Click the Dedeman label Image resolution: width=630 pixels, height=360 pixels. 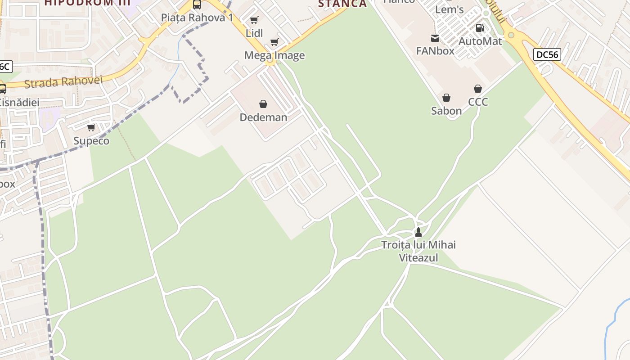(x=263, y=117)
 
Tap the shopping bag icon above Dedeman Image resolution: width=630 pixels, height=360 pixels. (x=263, y=104)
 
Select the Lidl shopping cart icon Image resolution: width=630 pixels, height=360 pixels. (x=254, y=20)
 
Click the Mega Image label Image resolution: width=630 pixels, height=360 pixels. (x=274, y=55)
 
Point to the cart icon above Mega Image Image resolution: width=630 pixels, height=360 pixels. (x=274, y=42)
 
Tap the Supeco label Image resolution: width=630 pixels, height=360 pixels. (x=91, y=141)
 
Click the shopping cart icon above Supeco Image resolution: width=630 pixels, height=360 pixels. (x=91, y=128)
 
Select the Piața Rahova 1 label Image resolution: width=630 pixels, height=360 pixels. (x=197, y=18)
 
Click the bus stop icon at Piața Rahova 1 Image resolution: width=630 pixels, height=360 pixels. (x=197, y=4)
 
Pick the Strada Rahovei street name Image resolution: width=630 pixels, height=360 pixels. (x=63, y=82)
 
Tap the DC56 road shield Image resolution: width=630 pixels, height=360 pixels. (x=547, y=55)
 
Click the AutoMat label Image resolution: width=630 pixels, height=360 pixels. (x=480, y=41)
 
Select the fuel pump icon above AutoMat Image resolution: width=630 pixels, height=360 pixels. (x=480, y=28)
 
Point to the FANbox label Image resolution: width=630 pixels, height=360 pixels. (x=435, y=51)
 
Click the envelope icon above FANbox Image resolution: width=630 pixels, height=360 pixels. (x=435, y=38)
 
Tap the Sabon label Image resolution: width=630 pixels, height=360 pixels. (x=446, y=111)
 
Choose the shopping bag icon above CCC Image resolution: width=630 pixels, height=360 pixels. (x=478, y=89)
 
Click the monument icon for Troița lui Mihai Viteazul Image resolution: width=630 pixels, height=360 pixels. (x=418, y=232)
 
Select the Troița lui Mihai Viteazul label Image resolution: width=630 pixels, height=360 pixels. (x=418, y=251)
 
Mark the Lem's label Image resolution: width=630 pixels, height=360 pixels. (x=449, y=9)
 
